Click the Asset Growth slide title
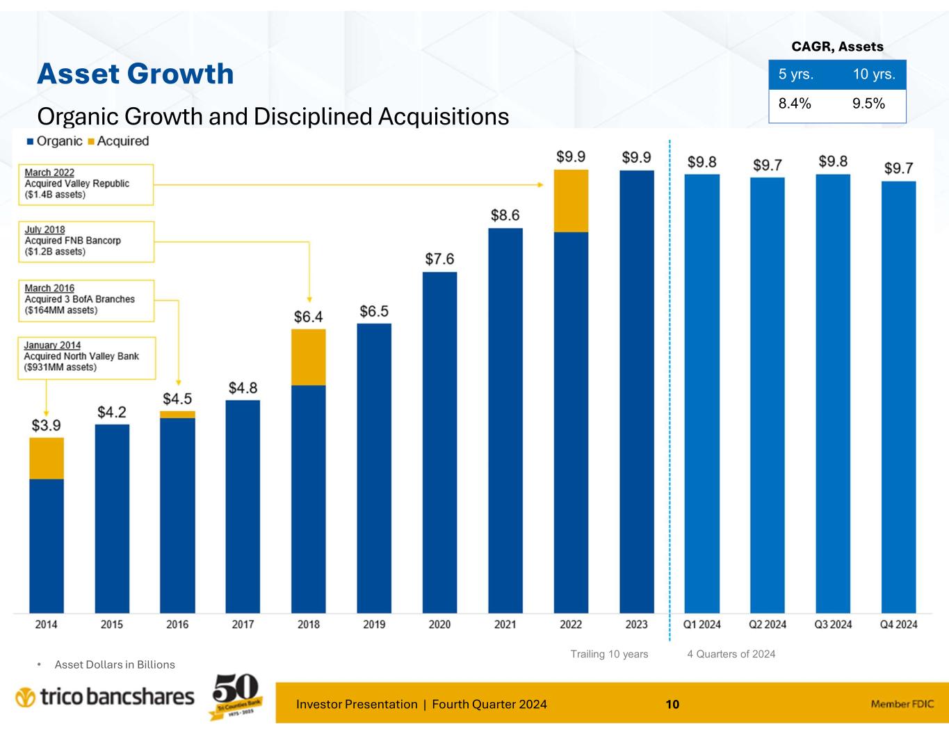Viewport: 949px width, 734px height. tap(135, 74)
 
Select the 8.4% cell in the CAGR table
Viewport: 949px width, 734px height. tap(795, 104)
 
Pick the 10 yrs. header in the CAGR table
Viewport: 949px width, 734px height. tap(874, 74)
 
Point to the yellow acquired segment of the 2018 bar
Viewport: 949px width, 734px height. tap(309, 357)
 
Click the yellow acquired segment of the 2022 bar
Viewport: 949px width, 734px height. tap(571, 200)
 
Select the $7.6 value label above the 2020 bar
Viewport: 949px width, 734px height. tap(439, 259)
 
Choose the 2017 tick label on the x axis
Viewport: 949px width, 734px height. tap(243, 624)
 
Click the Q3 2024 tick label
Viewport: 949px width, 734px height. tap(833, 624)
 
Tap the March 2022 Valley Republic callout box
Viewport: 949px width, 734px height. tap(86, 184)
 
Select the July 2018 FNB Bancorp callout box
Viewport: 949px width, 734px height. tap(86, 241)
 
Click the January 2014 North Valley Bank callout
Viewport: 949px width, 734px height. tap(86, 356)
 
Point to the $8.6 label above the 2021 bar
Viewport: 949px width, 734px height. tap(505, 216)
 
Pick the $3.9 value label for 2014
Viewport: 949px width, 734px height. tap(47, 425)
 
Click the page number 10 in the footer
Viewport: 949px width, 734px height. tap(672, 704)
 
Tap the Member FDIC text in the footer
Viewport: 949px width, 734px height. tap(902, 704)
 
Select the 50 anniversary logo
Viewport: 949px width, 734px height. tap(234, 696)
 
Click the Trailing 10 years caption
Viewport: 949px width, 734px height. tap(609, 654)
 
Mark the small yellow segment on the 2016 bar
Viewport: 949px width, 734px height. tap(177, 414)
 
